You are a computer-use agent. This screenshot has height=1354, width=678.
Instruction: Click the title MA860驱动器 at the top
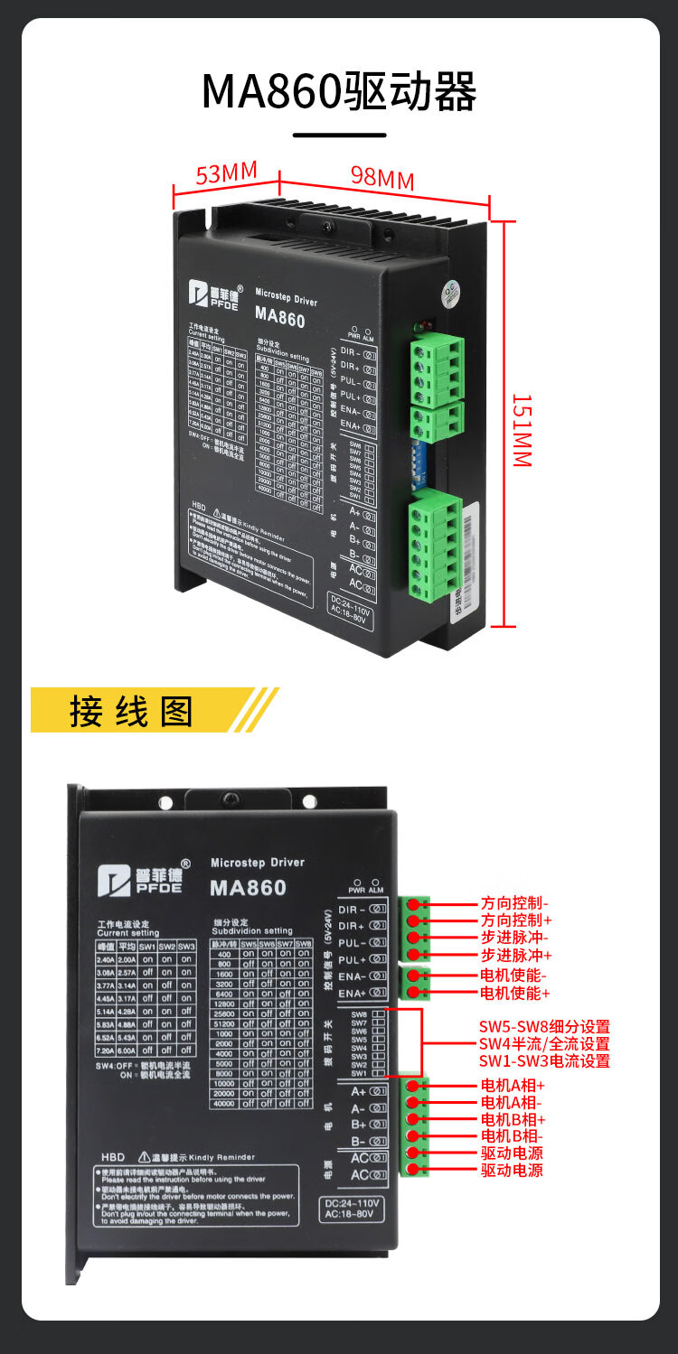[339, 91]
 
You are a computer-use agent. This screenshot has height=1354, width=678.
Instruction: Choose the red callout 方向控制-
[514, 902]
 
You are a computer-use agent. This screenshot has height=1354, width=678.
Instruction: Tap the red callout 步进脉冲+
[516, 955]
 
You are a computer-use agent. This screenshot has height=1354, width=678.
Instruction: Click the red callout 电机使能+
[514, 993]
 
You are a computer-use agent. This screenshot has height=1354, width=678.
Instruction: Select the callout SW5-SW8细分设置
[544, 1026]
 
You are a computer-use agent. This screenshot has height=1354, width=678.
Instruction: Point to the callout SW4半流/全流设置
[544, 1043]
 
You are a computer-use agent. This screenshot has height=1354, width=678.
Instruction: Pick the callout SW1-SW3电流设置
[544, 1060]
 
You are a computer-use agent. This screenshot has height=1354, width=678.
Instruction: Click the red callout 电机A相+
[513, 1085]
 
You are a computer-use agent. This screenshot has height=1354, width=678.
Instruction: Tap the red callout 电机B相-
[512, 1135]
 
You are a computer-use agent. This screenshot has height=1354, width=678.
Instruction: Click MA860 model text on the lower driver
[248, 888]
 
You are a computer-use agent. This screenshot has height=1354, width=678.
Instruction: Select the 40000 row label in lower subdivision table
[223, 1103]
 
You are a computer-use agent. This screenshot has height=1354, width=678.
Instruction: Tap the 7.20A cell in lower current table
[106, 1051]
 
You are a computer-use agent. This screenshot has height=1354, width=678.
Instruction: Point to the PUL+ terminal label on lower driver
[352, 959]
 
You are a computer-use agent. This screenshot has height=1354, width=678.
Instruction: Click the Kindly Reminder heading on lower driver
[222, 1157]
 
